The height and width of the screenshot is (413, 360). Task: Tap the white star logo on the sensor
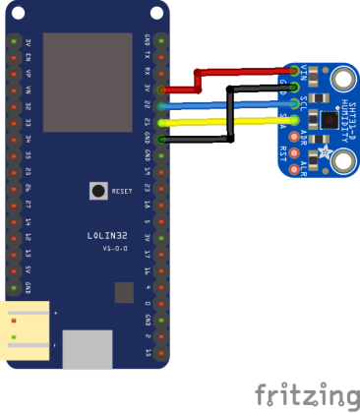pos(322,156)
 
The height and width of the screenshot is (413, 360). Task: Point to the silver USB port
pos(89,348)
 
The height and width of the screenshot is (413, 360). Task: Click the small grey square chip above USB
pos(124,292)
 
